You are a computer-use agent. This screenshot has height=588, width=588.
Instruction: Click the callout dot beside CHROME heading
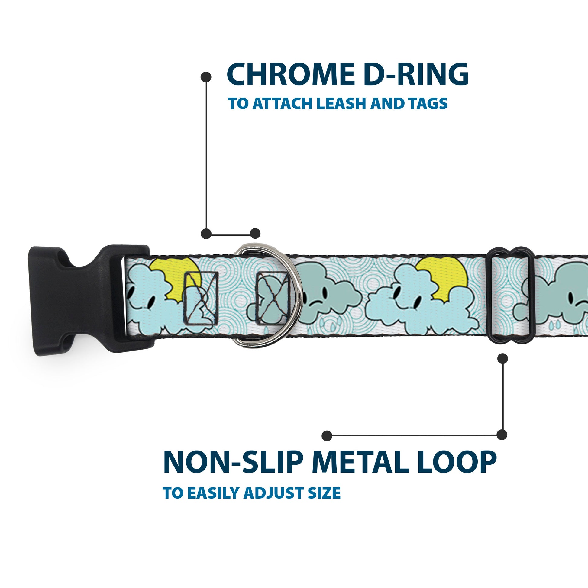click(x=206, y=77)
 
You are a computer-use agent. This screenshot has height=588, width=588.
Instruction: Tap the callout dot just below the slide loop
click(x=502, y=359)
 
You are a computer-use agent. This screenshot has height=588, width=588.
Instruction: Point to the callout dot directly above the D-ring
click(x=255, y=234)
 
